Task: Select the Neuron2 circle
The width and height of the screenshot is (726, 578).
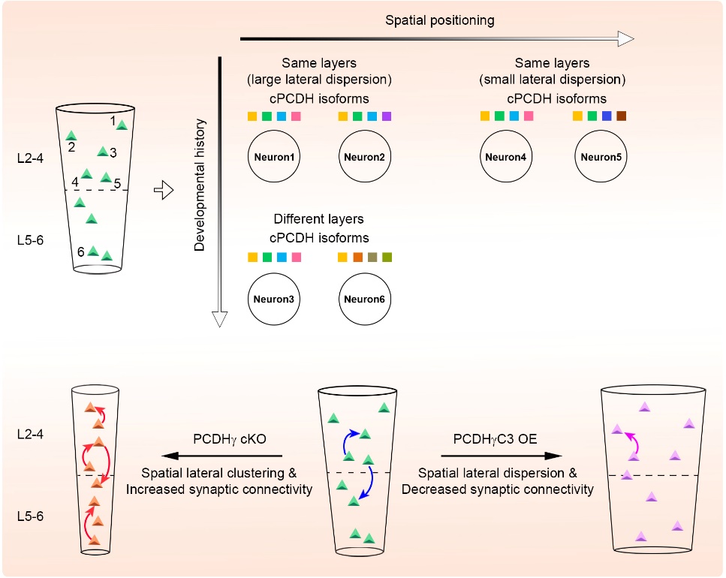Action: click(364, 158)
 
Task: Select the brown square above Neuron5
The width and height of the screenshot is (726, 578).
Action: click(620, 116)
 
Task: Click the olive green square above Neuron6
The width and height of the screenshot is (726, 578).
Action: click(387, 257)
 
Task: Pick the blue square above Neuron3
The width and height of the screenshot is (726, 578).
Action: click(281, 257)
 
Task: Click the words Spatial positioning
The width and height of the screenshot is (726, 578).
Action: click(440, 20)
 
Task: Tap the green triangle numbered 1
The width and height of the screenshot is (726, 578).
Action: click(121, 125)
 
